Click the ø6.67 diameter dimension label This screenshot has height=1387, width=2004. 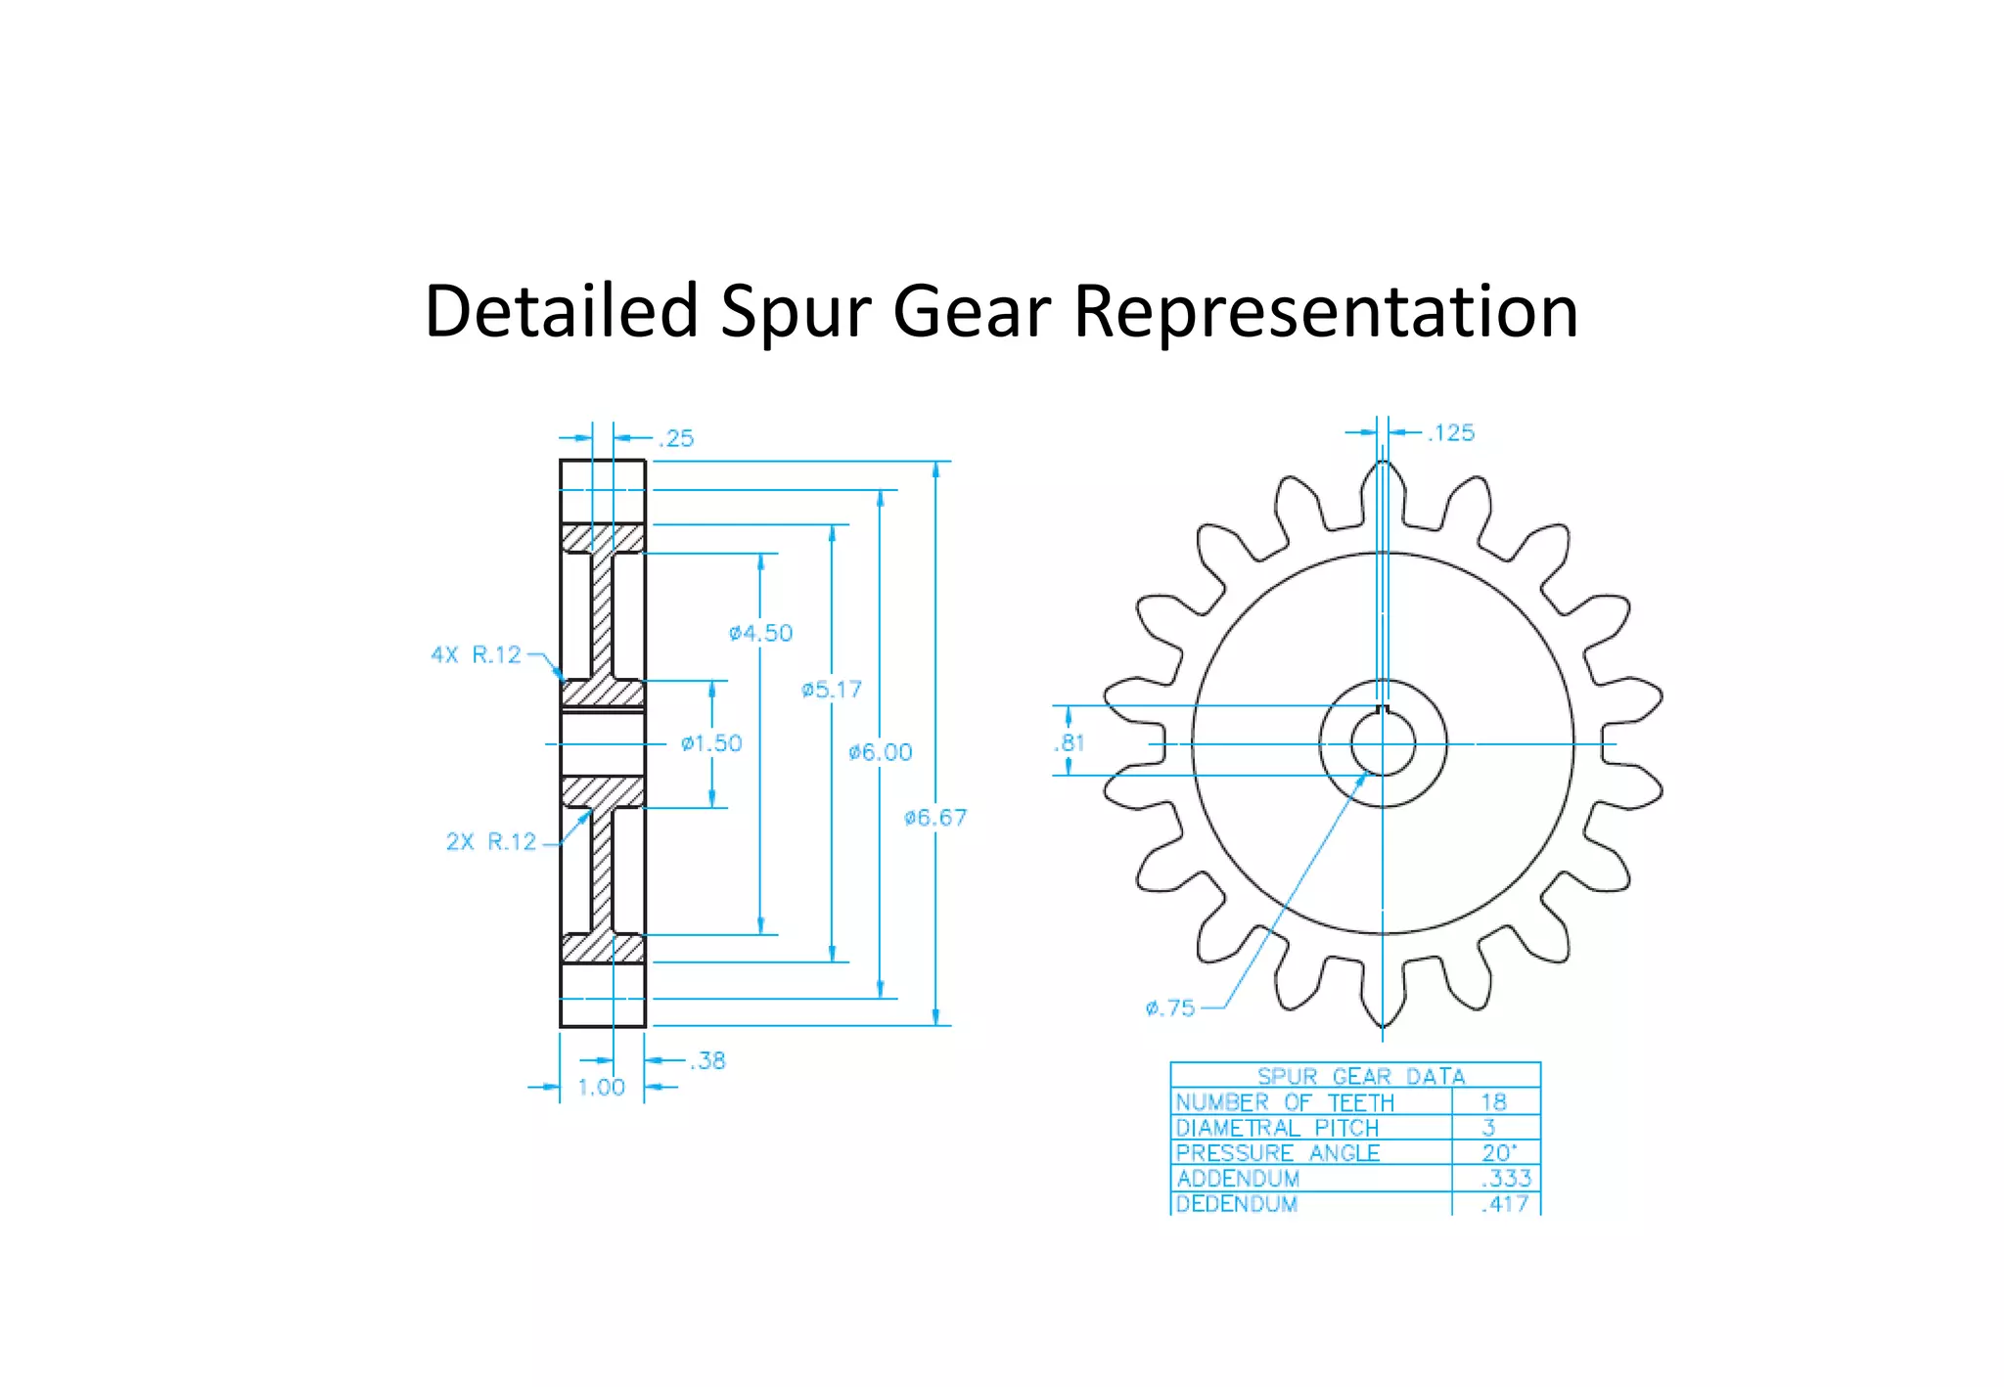pos(935,818)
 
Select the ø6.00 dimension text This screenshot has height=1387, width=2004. pos(880,752)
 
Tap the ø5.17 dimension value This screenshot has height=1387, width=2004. pos(832,690)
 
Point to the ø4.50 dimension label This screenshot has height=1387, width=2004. pos(760,633)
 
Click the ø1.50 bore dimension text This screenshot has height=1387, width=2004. pos(711,743)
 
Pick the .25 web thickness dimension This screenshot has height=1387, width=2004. pos(676,438)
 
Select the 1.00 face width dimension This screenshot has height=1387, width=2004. pos(601,1088)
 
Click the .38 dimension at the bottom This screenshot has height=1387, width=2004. pos(707,1060)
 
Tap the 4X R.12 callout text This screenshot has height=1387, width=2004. pos(477,654)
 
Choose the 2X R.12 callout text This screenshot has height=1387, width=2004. pos(491,841)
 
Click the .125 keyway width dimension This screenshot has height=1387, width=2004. pos(1450,432)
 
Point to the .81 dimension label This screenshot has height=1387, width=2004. pos(1070,742)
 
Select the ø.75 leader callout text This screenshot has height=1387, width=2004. pos(1170,1007)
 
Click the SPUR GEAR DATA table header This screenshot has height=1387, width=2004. pos(1360,1076)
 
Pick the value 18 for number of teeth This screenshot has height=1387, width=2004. pos(1493,1101)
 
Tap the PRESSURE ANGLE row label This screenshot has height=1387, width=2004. pos(1277,1153)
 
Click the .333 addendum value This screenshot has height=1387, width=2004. pos(1506,1178)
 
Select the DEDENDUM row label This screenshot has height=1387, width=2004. pos(1237,1204)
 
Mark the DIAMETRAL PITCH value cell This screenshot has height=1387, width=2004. pos(1489,1127)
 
